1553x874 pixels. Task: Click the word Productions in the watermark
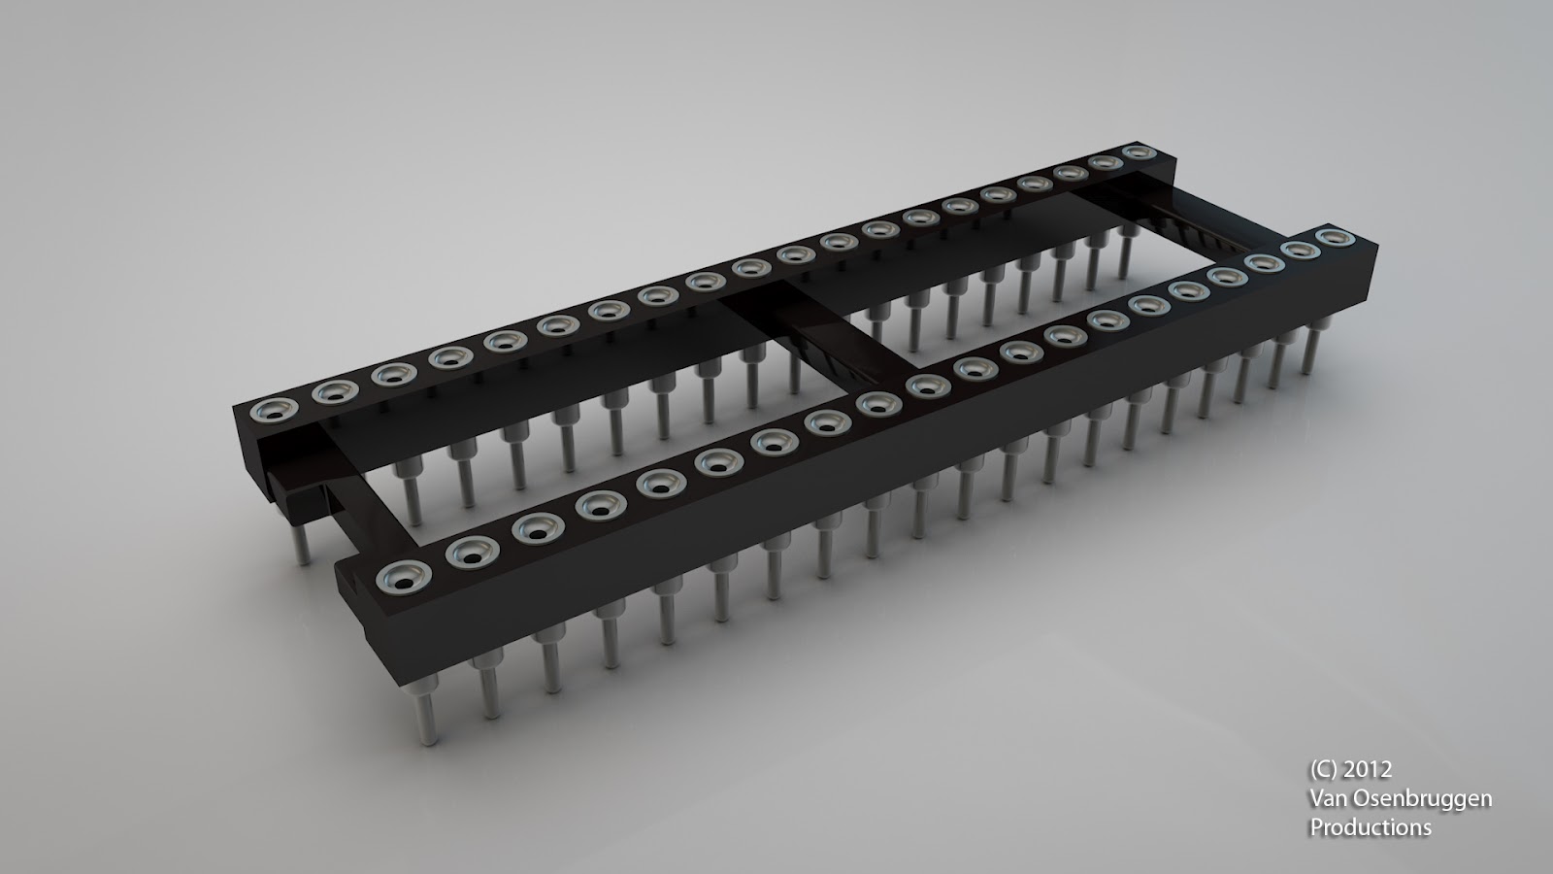point(1371,827)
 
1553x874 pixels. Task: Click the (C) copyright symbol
point(1324,769)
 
